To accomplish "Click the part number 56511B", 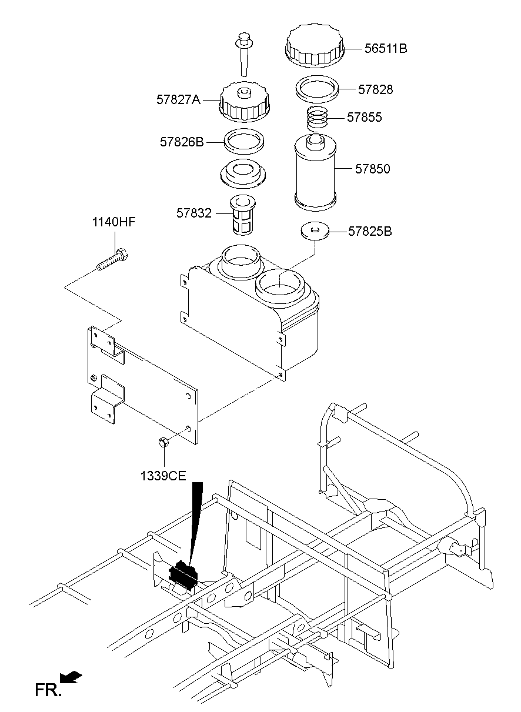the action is click(x=385, y=49).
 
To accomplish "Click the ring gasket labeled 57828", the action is click(x=318, y=88).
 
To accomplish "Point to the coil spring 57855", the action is click(x=318, y=119).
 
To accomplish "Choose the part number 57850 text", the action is click(x=372, y=169).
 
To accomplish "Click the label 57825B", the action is click(x=370, y=231).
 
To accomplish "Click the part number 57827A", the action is click(x=178, y=100).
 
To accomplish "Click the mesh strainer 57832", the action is click(x=241, y=215).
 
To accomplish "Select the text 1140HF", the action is click(x=113, y=222).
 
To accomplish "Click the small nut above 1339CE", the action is click(x=163, y=442).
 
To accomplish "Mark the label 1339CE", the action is click(x=163, y=475).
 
